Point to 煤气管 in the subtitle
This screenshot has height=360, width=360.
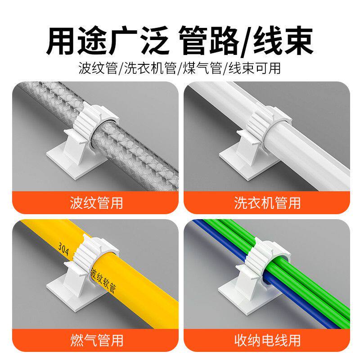(203, 68)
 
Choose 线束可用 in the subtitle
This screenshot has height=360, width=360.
(255, 68)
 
